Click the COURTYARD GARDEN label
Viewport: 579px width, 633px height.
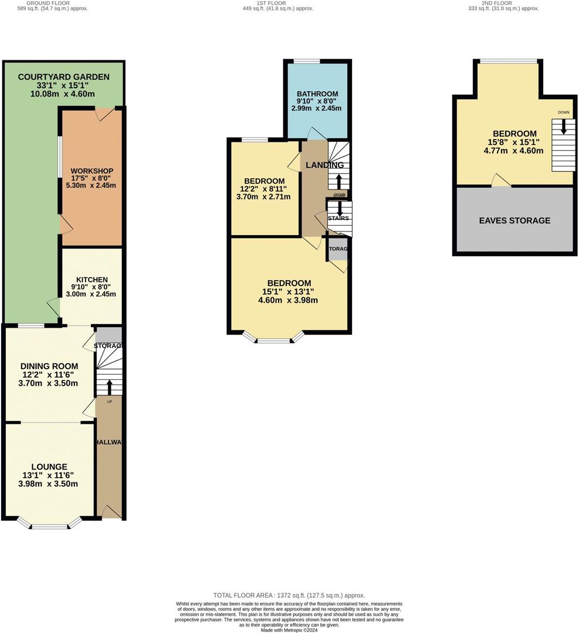63,77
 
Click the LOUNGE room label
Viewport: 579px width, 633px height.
49,467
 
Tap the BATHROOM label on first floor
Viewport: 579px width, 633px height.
317,94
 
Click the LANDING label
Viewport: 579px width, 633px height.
324,165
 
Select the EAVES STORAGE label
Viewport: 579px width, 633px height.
514,220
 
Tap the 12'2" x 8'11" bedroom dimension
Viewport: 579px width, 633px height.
264,189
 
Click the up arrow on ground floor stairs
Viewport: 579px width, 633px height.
110,386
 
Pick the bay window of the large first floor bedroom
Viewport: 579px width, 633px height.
273,339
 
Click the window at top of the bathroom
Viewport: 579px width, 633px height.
307,61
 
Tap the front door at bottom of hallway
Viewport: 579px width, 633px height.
111,513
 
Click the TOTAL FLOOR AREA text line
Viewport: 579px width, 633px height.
289,594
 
